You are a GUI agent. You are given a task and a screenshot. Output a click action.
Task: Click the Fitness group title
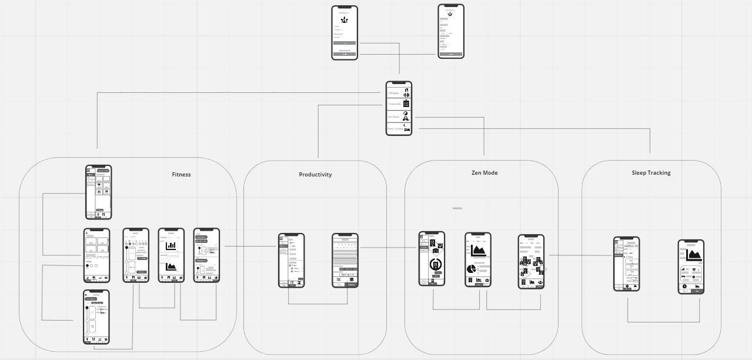tap(181, 175)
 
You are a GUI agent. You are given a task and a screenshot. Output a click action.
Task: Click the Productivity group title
tap(315, 175)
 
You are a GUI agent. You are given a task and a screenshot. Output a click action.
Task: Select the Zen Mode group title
tap(484, 173)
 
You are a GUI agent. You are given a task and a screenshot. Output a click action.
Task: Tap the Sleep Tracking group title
tap(651, 173)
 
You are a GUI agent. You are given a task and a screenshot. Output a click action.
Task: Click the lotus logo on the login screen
tap(344, 20)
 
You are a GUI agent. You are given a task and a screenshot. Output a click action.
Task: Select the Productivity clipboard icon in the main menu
tap(406, 104)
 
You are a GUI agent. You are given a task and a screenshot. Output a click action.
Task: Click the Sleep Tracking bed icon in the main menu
tap(406, 128)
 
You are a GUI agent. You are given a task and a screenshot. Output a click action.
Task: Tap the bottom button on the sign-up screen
tap(451, 54)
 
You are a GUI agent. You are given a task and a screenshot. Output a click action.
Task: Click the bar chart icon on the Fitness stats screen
tap(171, 246)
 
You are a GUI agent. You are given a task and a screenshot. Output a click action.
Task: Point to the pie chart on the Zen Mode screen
tap(472, 269)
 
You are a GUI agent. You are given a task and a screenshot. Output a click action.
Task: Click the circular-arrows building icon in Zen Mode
tap(436, 264)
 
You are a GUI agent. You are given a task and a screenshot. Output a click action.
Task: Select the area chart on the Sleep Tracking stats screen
tap(694, 255)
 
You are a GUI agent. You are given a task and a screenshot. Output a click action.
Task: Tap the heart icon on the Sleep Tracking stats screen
tap(696, 271)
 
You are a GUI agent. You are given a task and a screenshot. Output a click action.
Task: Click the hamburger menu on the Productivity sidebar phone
tap(282, 238)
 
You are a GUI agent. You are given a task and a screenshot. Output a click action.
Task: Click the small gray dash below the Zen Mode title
tap(457, 208)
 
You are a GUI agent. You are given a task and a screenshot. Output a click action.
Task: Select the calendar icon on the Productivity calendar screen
tap(352, 279)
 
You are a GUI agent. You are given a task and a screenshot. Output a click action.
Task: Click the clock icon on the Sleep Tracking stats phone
tap(684, 286)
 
